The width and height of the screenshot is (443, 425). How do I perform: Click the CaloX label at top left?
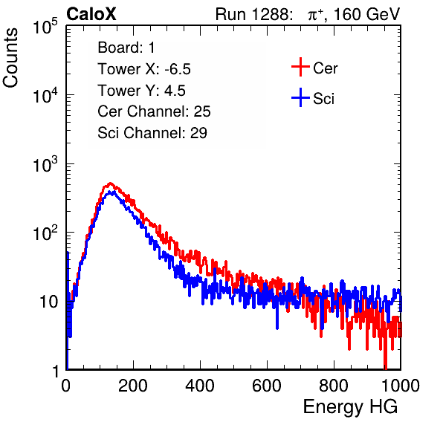91,14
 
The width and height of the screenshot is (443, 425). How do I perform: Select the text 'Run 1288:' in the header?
253,14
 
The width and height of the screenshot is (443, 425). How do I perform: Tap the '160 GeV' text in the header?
366,14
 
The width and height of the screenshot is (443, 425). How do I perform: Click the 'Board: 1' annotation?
126,48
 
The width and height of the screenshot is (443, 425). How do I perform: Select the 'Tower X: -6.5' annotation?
144,69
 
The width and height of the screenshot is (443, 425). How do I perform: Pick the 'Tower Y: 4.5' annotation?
141,91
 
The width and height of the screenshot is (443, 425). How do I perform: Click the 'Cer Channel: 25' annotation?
154,111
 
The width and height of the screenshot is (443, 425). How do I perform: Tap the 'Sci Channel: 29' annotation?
152,133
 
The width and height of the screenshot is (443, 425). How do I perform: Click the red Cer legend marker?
300,67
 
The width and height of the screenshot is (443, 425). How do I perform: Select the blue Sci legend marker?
300,97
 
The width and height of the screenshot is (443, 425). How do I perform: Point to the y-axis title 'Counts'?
10,57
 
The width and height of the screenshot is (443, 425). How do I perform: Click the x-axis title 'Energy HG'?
350,407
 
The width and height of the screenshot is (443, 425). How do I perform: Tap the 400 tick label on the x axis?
200,386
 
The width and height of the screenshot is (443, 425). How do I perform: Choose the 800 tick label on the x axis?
334,386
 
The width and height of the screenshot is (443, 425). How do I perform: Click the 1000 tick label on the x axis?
400,386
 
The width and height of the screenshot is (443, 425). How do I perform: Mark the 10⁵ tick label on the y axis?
45,27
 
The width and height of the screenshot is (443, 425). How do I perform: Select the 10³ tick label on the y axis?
45,164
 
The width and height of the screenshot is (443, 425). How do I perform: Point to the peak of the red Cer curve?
111,184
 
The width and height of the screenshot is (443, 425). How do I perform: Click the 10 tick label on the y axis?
48,302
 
